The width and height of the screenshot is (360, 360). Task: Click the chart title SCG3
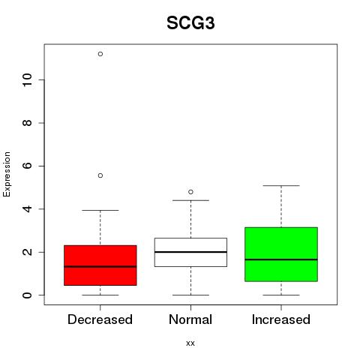(x=190, y=23)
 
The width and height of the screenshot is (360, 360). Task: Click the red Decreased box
(x=100, y=265)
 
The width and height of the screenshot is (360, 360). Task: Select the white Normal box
(x=190, y=252)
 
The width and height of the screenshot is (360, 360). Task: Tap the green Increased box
(x=281, y=254)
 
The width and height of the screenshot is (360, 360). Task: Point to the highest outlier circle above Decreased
(x=100, y=54)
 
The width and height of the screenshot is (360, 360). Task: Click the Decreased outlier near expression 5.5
(x=100, y=175)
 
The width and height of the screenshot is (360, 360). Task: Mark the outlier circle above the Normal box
(x=190, y=192)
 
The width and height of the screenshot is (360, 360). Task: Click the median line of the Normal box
(x=190, y=252)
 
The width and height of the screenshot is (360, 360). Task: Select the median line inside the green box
(x=281, y=259)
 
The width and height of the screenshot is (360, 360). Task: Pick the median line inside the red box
(x=100, y=266)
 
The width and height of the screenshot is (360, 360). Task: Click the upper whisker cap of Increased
(x=281, y=186)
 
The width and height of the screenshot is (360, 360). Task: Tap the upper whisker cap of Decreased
(x=100, y=210)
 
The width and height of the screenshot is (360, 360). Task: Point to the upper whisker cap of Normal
(x=190, y=200)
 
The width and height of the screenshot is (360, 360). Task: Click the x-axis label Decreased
(x=100, y=319)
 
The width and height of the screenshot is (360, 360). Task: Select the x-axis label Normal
(x=190, y=319)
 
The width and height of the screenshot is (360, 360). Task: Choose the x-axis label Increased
(x=281, y=319)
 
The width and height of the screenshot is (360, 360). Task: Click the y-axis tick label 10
(x=28, y=79)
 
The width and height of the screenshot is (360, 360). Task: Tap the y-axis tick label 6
(x=28, y=166)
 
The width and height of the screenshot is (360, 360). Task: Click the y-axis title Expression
(x=7, y=174)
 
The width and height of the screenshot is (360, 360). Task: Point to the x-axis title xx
(x=190, y=343)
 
